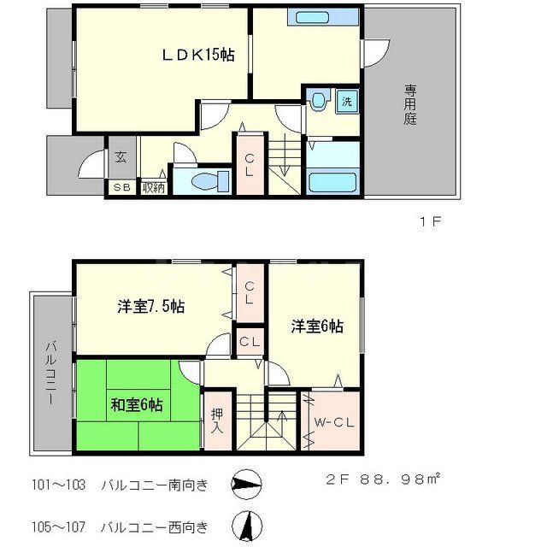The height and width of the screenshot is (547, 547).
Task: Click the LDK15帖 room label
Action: (198, 56)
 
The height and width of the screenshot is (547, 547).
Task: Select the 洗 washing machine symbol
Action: (346, 101)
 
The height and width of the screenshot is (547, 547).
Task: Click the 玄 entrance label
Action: (121, 157)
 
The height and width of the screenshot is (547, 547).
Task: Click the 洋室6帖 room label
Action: (317, 326)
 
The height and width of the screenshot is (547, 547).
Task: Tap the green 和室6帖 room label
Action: (136, 404)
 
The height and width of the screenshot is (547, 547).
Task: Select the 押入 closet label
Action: (216, 419)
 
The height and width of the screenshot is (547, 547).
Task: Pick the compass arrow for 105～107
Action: (247, 523)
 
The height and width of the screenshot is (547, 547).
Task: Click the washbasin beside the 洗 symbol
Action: (319, 102)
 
